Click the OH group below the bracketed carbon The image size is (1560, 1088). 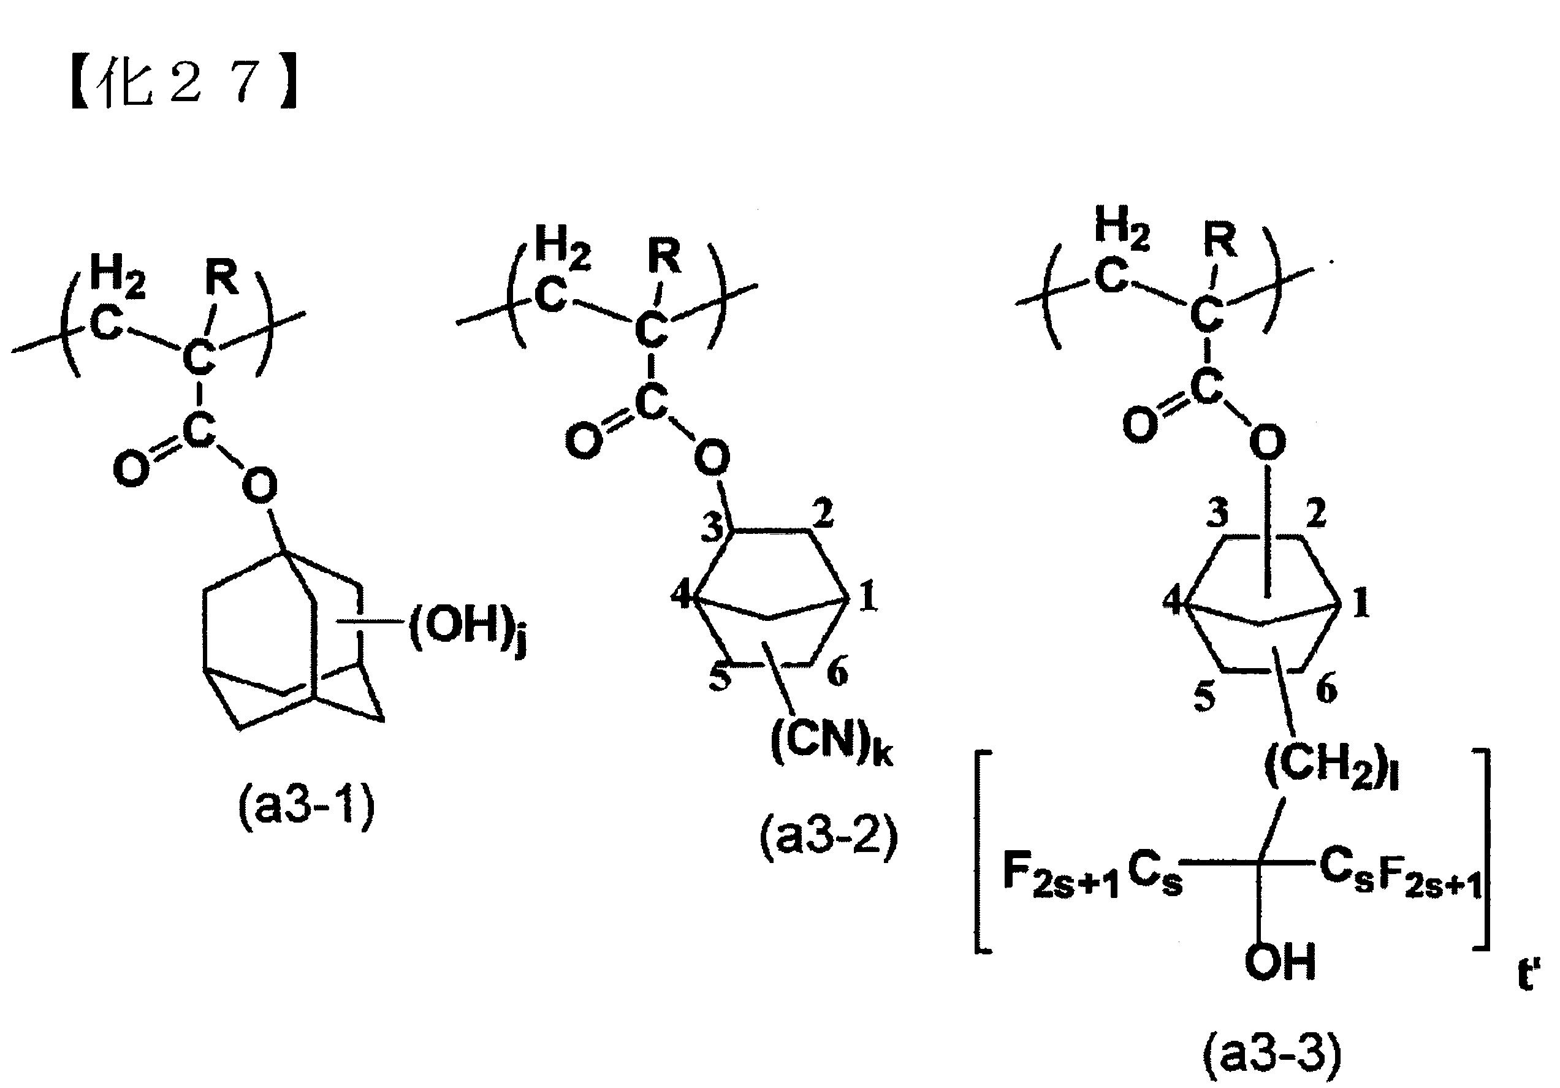tap(1280, 962)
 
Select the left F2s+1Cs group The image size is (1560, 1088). tap(1092, 878)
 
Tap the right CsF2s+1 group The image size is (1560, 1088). tap(1401, 877)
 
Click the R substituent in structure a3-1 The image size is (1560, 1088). tap(223, 279)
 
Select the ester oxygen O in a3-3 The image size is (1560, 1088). tap(1267, 443)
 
